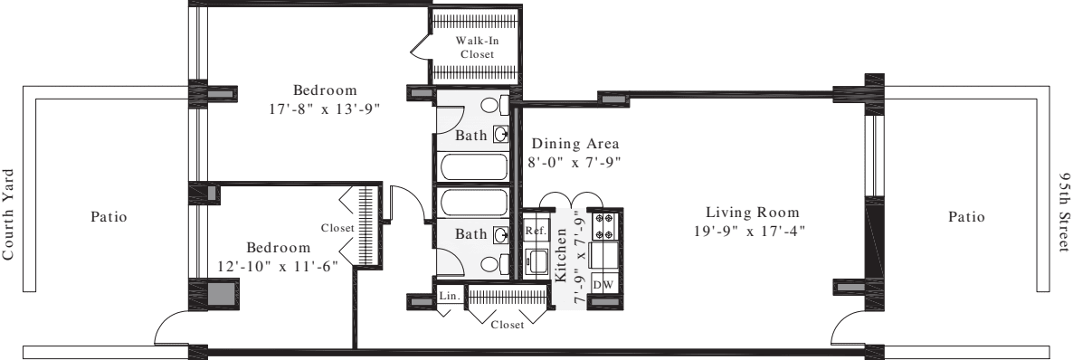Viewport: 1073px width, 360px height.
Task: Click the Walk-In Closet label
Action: (475, 47)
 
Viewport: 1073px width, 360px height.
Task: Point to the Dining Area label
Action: (574, 144)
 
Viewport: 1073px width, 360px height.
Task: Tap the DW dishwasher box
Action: (603, 284)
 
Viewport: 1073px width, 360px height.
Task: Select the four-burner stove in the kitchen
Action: (603, 223)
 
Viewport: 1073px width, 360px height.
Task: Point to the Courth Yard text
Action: (10, 213)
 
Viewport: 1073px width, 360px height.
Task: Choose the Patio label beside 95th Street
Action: (966, 217)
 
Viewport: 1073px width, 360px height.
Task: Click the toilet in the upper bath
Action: (490, 106)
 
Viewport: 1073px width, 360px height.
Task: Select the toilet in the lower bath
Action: (491, 264)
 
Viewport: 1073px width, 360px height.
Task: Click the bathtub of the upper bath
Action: (473, 166)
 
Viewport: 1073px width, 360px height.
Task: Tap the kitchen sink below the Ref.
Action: (536, 263)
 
